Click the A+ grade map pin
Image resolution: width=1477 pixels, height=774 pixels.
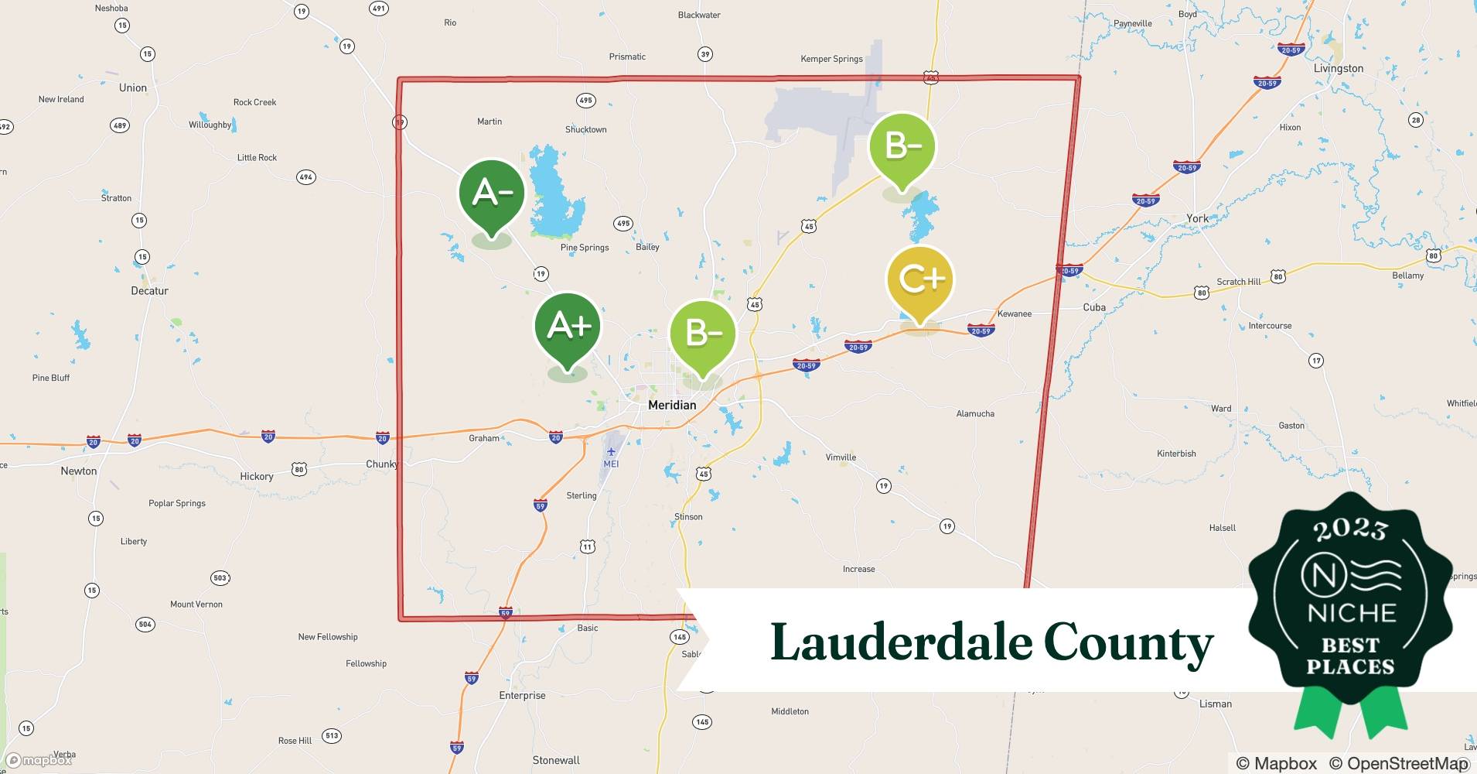pyautogui.click(x=568, y=329)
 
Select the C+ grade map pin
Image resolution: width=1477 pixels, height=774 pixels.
pyautogui.click(x=919, y=280)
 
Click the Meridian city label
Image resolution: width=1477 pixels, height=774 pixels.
pyautogui.click(x=672, y=405)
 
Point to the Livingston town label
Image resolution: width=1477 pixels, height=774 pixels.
pyautogui.click(x=1338, y=68)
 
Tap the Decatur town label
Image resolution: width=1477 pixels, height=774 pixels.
pyautogui.click(x=149, y=291)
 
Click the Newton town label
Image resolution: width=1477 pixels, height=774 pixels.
pyautogui.click(x=79, y=471)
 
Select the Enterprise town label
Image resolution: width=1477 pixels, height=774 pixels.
pyautogui.click(x=522, y=695)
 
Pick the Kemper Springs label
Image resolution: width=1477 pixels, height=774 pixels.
pyautogui.click(x=831, y=59)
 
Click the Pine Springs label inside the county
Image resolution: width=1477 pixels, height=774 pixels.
pyautogui.click(x=585, y=248)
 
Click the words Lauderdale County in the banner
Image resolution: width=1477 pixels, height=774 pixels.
pyautogui.click(x=991, y=642)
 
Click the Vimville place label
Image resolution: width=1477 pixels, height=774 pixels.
pyautogui.click(x=841, y=457)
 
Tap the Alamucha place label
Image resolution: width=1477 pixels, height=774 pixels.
pyautogui.click(x=975, y=414)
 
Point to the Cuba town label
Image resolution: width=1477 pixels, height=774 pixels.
pyautogui.click(x=1093, y=307)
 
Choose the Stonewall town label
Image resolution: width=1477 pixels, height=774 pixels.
pyautogui.click(x=556, y=760)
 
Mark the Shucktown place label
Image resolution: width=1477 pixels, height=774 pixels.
pyautogui.click(x=585, y=130)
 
